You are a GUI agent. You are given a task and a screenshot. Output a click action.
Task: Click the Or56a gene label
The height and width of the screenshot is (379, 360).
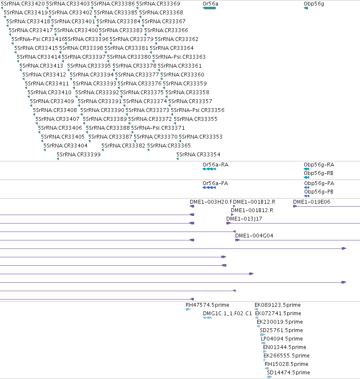[211, 4]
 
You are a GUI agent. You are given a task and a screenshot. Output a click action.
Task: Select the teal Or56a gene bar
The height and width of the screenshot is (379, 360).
[209, 8]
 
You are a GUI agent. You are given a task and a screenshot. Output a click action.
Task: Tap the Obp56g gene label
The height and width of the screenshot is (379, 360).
[314, 4]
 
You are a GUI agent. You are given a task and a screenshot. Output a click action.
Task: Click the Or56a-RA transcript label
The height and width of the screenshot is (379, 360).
[216, 165]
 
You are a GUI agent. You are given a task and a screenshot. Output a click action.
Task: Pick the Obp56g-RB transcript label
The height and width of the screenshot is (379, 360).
[319, 173]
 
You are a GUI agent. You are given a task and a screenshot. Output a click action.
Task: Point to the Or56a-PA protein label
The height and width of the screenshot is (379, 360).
[215, 183]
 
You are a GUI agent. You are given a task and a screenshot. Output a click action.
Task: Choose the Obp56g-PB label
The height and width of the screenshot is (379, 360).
[319, 192]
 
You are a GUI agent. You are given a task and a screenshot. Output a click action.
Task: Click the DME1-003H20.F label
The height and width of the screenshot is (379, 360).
[211, 202]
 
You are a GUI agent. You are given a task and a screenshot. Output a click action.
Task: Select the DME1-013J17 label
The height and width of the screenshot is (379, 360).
[244, 219]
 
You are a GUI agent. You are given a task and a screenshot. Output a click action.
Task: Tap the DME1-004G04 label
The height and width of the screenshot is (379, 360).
[254, 236]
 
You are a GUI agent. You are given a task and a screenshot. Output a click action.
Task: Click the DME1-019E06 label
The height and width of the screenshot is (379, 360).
[312, 202]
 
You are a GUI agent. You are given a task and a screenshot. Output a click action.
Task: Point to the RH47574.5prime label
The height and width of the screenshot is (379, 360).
[207, 305]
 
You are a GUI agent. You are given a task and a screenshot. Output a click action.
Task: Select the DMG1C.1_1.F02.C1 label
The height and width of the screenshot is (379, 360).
[228, 314]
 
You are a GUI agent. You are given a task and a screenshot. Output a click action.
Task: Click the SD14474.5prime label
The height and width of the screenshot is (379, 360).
[289, 373]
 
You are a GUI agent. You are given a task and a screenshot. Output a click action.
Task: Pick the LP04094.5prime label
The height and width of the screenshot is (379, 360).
[282, 338]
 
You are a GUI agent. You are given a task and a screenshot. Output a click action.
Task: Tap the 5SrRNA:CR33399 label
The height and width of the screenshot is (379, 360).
[79, 155]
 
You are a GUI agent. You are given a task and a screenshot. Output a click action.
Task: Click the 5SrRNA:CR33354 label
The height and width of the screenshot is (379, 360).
[198, 155]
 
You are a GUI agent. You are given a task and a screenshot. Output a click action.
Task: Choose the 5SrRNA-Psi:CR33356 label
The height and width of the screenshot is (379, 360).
[198, 110]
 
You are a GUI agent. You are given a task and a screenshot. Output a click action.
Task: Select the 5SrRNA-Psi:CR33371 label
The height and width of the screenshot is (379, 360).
[158, 128]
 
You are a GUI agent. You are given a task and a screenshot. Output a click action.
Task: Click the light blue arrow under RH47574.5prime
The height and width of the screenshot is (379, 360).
[188, 309]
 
